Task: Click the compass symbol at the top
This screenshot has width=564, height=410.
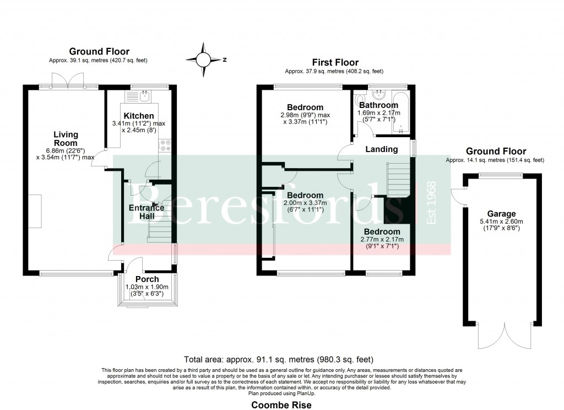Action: pos(203,58)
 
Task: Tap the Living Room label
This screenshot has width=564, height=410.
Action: pos(66,138)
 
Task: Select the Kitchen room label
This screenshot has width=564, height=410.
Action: pos(135,116)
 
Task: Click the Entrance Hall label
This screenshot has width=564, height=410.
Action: pos(146,212)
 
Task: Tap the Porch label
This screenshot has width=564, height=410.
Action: pos(147,279)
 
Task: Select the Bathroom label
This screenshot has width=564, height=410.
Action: pos(378,105)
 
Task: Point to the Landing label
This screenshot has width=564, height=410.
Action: pos(382,149)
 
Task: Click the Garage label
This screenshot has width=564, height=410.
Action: pos(501,214)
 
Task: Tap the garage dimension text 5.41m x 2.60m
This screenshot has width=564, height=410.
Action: pos(501,222)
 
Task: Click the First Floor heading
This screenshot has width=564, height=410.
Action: pos(335,63)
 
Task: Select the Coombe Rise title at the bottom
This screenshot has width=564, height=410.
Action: pos(281,405)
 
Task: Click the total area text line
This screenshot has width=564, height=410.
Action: pos(281,359)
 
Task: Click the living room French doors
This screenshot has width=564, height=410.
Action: pos(67,81)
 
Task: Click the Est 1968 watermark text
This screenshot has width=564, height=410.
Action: pos(432,203)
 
